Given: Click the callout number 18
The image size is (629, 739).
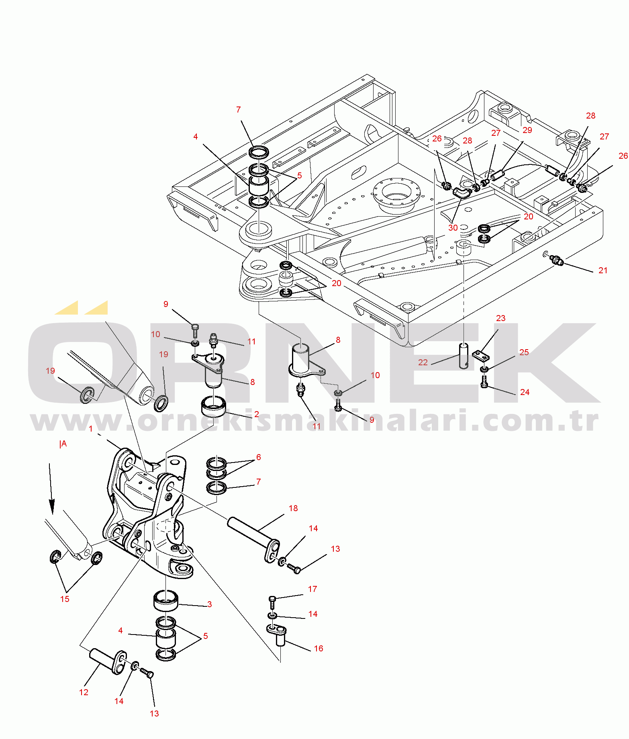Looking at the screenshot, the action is (x=293, y=508).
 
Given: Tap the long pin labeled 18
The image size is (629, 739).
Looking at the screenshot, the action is (x=253, y=539).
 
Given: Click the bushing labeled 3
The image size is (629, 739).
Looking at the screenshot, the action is (x=166, y=600).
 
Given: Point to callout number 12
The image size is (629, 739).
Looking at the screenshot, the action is (x=84, y=692).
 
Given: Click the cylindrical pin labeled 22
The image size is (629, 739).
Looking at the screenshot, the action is (x=464, y=356).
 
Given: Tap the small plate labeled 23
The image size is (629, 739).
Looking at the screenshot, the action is (x=481, y=356).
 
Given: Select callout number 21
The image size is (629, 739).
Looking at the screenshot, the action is (x=603, y=270).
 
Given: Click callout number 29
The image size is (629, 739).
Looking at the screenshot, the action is (x=527, y=130).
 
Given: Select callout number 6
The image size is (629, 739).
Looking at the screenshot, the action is (x=258, y=457).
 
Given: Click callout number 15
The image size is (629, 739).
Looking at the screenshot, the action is (x=65, y=599).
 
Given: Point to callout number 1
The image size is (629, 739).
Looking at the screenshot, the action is (x=91, y=429).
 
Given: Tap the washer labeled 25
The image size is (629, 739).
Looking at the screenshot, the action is (x=484, y=369).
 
